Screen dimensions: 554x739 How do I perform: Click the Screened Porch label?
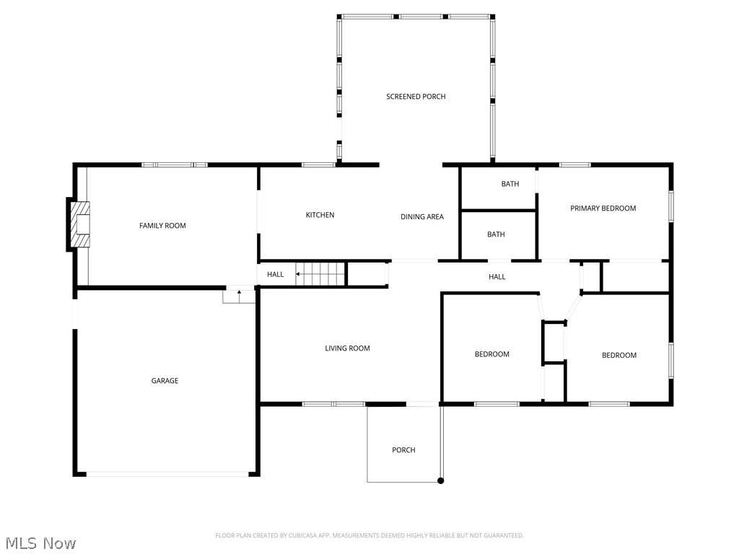[416, 97]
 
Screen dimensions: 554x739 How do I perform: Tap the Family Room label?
[162, 226]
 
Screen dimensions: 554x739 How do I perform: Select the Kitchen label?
[320, 215]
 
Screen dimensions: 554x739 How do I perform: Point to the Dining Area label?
[422, 216]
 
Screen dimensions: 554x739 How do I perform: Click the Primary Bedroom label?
[603, 208]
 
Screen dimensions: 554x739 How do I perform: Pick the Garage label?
[165, 381]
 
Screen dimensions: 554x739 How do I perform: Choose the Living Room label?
[347, 348]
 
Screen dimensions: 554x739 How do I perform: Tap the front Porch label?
[403, 450]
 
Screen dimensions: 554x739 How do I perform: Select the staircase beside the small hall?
[321, 274]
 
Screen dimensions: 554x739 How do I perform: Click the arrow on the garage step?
[239, 292]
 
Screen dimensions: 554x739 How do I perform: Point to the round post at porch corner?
[441, 480]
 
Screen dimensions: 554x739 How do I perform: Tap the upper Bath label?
[510, 184]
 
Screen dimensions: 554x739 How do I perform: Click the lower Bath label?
[496, 234]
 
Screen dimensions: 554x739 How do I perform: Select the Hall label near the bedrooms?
[497, 277]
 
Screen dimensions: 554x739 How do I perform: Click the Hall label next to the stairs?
[275, 274]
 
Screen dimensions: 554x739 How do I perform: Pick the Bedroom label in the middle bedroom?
[491, 354]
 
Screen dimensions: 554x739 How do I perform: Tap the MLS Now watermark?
[40, 543]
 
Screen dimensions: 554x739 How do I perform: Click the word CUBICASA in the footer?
[309, 535]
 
